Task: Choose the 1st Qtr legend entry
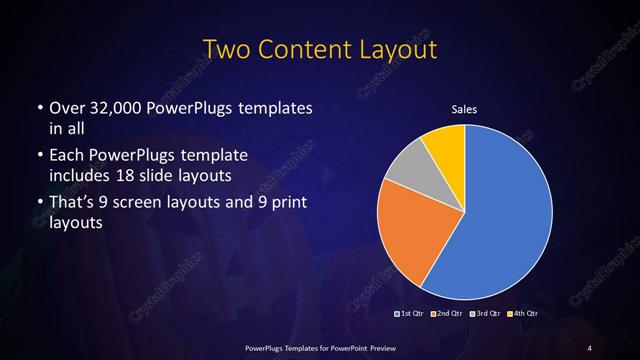coord(411,315)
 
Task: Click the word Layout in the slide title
coord(401,50)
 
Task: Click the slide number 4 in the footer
coord(590,347)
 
